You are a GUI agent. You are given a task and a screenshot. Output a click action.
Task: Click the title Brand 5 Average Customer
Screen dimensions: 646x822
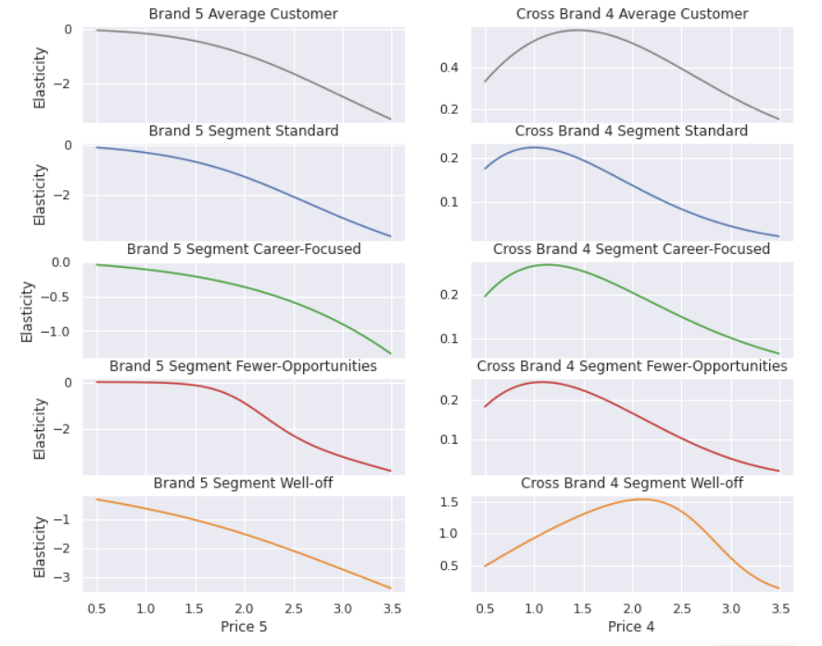pyautogui.click(x=244, y=14)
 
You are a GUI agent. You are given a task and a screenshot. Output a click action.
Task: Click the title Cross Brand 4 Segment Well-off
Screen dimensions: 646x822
pyautogui.click(x=631, y=483)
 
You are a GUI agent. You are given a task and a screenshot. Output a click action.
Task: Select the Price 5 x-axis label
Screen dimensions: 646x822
pyautogui.click(x=244, y=627)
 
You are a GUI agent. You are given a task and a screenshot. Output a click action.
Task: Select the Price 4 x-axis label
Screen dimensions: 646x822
pyautogui.click(x=631, y=627)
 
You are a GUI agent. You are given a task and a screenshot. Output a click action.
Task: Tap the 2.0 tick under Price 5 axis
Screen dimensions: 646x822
pyautogui.click(x=244, y=608)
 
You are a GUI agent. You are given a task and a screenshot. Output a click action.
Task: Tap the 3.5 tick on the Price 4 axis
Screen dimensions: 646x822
pyautogui.click(x=779, y=608)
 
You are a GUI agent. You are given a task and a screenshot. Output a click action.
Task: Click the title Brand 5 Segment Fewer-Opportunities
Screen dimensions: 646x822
pyautogui.click(x=244, y=366)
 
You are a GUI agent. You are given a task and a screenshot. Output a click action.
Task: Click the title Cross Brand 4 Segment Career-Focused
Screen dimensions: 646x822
pyautogui.click(x=631, y=249)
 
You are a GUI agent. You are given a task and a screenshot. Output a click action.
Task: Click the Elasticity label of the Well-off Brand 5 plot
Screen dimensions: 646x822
pyautogui.click(x=40, y=547)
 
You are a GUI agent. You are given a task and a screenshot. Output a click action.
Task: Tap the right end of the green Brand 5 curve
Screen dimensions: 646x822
pyautogui.click(x=391, y=354)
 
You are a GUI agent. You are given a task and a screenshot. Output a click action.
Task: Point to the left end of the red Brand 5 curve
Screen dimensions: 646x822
pyautogui.click(x=97, y=382)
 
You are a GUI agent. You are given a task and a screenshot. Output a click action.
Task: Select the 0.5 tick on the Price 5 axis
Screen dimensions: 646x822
pyautogui.click(x=96, y=608)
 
